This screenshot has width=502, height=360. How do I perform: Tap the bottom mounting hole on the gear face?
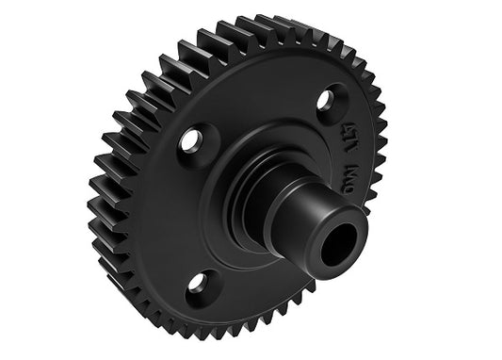tap(198, 281)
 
